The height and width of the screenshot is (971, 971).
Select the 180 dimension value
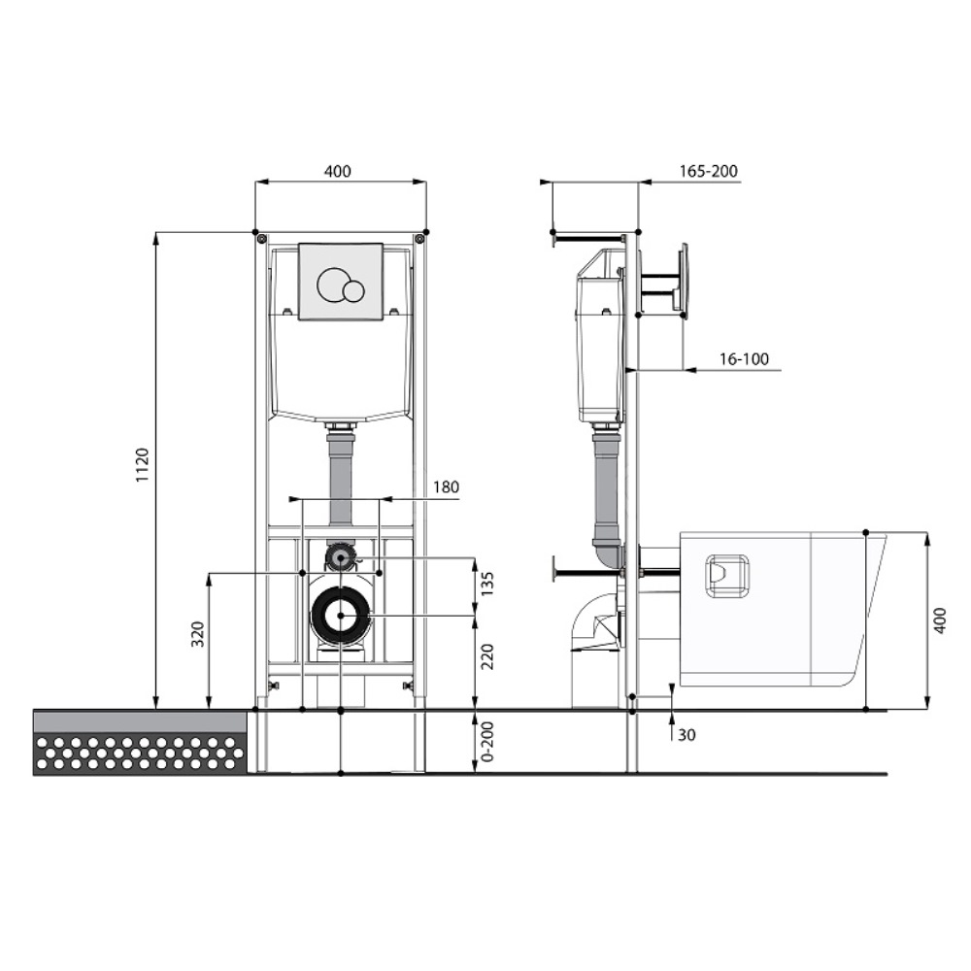(446, 486)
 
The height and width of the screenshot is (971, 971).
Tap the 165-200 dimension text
(709, 171)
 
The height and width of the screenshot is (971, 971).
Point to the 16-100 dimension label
(744, 359)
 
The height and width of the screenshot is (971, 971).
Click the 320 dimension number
(197, 634)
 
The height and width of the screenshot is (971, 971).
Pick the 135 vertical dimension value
(487, 584)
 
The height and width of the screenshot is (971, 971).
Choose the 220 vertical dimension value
(487, 656)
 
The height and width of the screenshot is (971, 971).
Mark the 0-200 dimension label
(487, 741)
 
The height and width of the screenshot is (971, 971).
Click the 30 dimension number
(686, 735)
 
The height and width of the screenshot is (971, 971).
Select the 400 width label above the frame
(338, 171)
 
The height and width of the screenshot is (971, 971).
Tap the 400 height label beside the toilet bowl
(939, 620)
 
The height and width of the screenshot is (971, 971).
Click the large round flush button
(332, 285)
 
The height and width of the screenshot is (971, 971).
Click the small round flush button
(354, 291)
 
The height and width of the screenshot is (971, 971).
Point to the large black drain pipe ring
(341, 615)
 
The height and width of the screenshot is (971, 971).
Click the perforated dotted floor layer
(140, 753)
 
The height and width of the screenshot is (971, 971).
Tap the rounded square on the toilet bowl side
(727, 576)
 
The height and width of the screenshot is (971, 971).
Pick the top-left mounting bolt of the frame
(261, 238)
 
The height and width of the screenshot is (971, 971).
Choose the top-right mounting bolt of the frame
(419, 238)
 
